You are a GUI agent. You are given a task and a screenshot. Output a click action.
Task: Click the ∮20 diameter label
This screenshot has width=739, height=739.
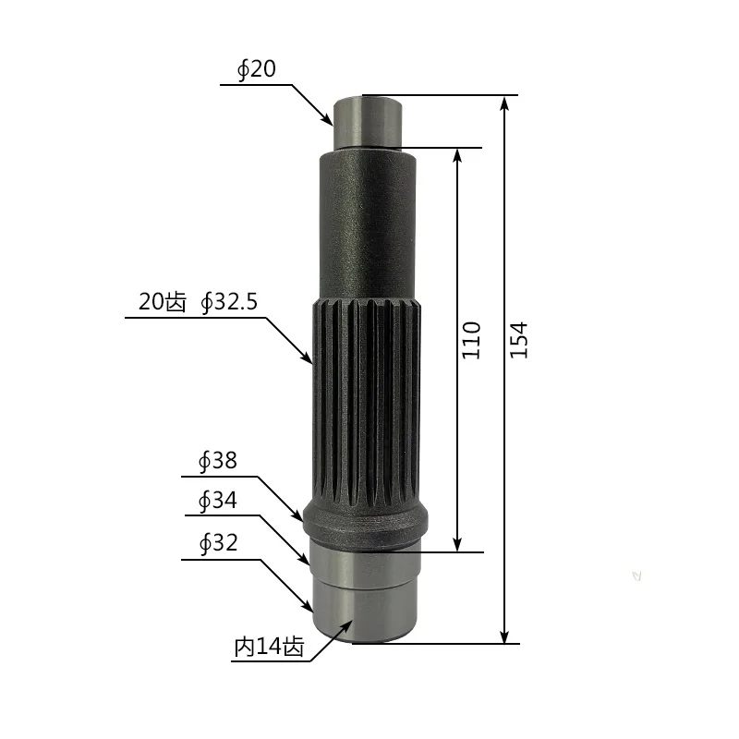[257, 69]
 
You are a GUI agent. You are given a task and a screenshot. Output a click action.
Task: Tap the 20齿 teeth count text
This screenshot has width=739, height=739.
[163, 302]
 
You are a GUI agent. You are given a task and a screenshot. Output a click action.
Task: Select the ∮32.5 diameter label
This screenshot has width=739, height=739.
[229, 302]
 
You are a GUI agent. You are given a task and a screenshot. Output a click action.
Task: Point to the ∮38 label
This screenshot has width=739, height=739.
[218, 461]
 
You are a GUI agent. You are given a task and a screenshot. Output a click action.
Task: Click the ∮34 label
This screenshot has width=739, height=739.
[218, 501]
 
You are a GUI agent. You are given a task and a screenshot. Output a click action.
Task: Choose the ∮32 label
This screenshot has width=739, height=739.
[218, 543]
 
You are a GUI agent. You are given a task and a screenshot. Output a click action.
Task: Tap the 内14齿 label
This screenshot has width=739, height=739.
[270, 647]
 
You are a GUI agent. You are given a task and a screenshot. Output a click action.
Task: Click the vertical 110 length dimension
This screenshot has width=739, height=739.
[471, 340]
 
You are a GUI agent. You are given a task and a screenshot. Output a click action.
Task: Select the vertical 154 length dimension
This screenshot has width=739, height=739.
[519, 340]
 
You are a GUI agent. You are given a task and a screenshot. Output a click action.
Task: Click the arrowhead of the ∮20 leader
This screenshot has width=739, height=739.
[328, 120]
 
